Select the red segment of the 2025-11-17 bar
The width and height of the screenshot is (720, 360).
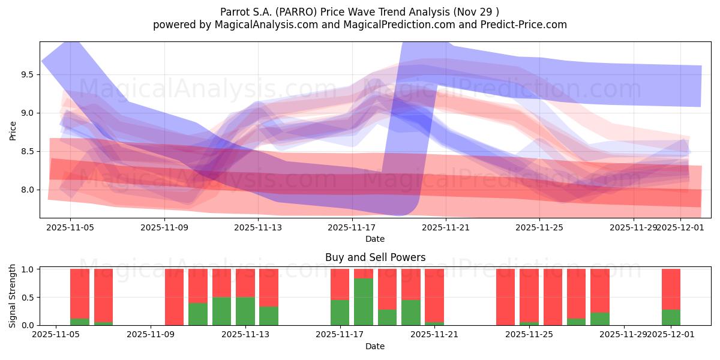pyautogui.click(x=340, y=284)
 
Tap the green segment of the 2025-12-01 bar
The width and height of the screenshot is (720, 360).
pyautogui.click(x=671, y=317)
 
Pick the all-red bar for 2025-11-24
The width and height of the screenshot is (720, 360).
pyautogui.click(x=505, y=297)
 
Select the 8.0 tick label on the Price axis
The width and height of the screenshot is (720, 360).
pyautogui.click(x=27, y=190)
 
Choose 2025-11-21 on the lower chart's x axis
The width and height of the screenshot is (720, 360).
pyautogui.click(x=434, y=335)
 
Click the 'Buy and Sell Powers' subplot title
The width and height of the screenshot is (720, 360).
pyautogui.click(x=375, y=257)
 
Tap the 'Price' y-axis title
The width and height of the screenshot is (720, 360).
pyautogui.click(x=13, y=130)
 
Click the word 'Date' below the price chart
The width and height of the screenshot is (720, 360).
pyautogui.click(x=375, y=239)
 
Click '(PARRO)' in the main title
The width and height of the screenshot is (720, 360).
pyautogui.click(x=295, y=12)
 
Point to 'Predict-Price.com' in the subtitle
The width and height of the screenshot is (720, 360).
pyautogui.click(x=526, y=25)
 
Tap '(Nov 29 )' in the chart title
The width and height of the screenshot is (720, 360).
pyautogui.click(x=476, y=12)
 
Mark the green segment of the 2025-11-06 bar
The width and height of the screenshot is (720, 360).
pyautogui.click(x=80, y=322)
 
